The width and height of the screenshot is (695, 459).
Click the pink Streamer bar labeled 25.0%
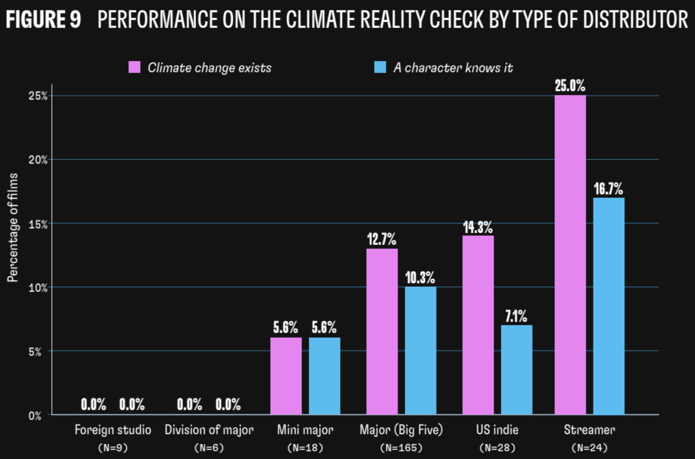click(x=570, y=255)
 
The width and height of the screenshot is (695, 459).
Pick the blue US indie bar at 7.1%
click(x=516, y=370)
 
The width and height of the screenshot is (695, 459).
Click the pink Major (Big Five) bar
click(x=382, y=332)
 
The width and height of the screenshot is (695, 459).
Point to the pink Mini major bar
click(x=286, y=376)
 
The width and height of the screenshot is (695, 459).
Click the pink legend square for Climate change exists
click(x=134, y=67)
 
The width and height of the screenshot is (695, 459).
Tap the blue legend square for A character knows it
click(x=380, y=67)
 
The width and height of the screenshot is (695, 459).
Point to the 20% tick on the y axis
click(x=38, y=160)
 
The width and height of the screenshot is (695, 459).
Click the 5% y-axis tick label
click(x=35, y=351)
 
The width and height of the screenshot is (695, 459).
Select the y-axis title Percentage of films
click(x=13, y=227)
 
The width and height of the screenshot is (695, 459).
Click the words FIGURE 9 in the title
click(x=43, y=19)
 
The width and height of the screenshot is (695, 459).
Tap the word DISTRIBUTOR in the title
click(x=635, y=19)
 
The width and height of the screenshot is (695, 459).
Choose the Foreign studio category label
click(x=113, y=430)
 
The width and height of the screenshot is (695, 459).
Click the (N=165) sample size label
click(x=401, y=448)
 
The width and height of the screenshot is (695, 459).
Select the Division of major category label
click(x=209, y=430)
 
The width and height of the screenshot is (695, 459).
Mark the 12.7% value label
click(x=382, y=239)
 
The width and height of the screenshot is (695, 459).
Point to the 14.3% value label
click(x=478, y=227)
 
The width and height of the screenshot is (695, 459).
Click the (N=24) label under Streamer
click(x=589, y=448)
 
